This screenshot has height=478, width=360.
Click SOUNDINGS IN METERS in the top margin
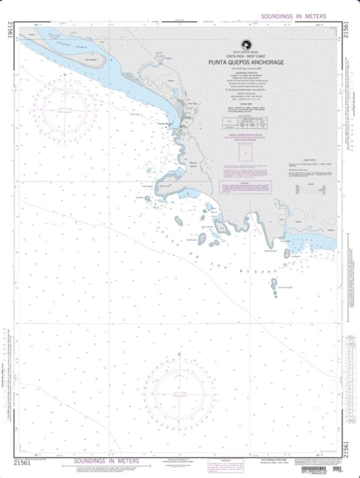[293, 16]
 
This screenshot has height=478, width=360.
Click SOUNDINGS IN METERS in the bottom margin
[106, 461]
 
